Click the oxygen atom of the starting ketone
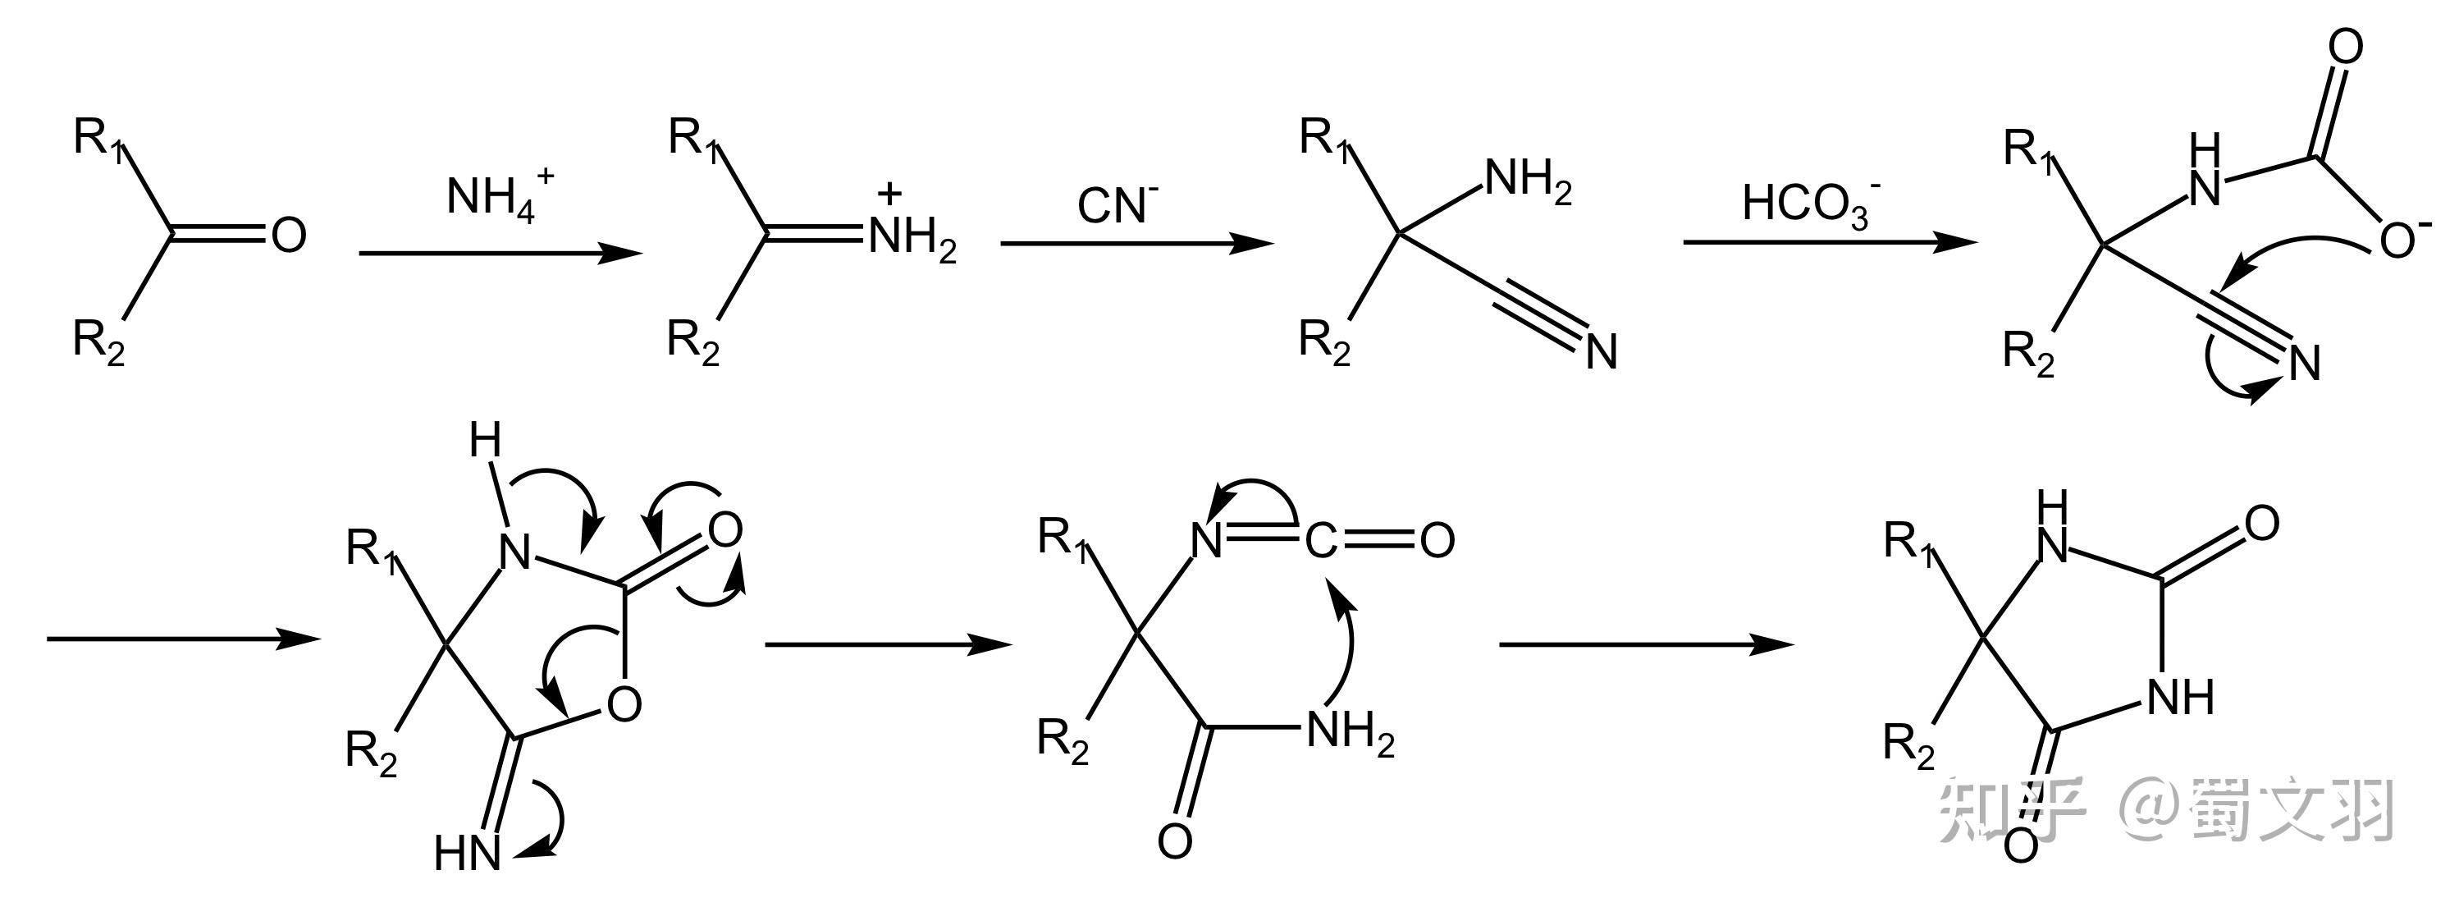point(288,235)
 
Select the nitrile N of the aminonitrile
point(1601,352)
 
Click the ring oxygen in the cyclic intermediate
point(624,704)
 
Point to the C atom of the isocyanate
point(1320,542)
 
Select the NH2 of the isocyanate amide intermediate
point(1349,733)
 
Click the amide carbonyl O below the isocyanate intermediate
point(1174,841)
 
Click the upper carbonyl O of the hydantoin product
point(2261,523)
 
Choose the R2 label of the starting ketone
point(98,341)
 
